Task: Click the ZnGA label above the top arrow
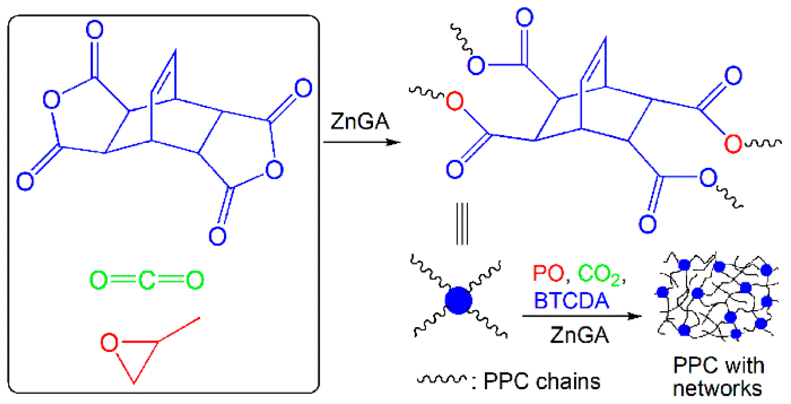360,122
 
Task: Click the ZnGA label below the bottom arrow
579,335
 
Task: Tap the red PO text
548,274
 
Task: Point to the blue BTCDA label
571,301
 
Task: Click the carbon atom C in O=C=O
147,280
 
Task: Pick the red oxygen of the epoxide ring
109,342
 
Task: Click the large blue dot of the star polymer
458,301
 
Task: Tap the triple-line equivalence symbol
462,224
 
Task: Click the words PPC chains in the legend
542,381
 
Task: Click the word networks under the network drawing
717,389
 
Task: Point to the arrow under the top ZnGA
362,142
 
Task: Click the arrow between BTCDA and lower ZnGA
581,316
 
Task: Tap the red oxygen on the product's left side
455,101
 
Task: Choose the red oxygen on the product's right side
733,144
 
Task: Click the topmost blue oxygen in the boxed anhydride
95,30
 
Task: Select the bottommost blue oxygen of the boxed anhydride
218,236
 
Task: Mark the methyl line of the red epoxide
180,329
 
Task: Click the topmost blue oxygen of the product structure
525,17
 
